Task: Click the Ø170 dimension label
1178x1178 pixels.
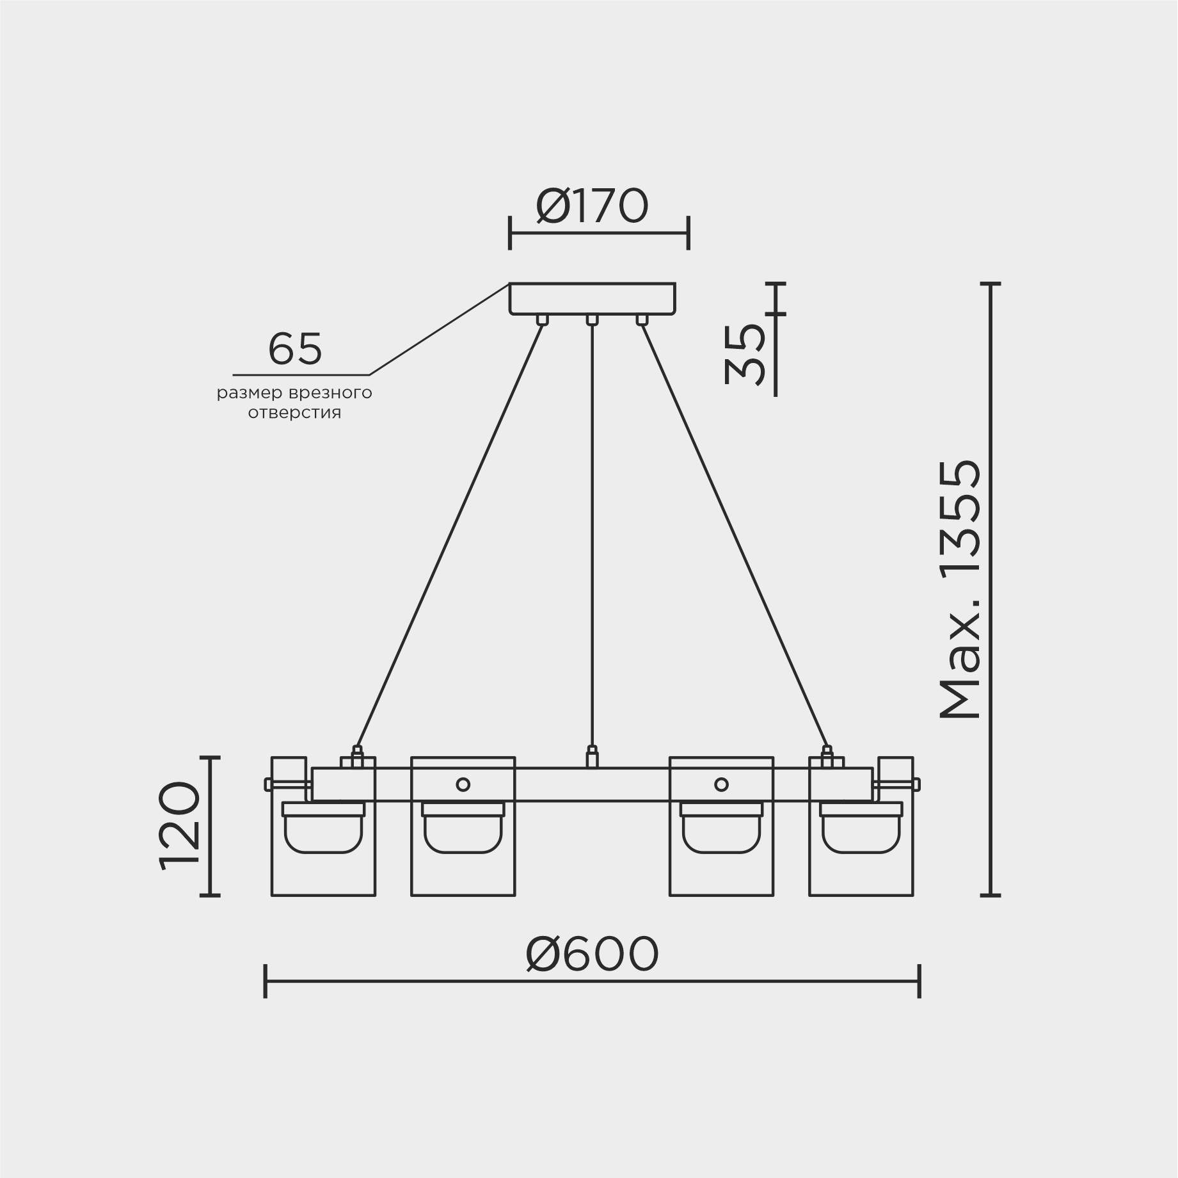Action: click(592, 206)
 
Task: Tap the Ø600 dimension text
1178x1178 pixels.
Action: click(592, 955)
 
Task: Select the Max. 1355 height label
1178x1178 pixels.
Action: click(960, 589)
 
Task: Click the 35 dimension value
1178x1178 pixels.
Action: click(745, 354)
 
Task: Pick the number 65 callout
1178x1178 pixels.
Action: click(295, 350)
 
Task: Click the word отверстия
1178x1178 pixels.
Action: click(294, 413)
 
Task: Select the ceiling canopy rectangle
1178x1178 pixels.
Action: click(592, 298)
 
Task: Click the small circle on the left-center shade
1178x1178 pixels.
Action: click(463, 784)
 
